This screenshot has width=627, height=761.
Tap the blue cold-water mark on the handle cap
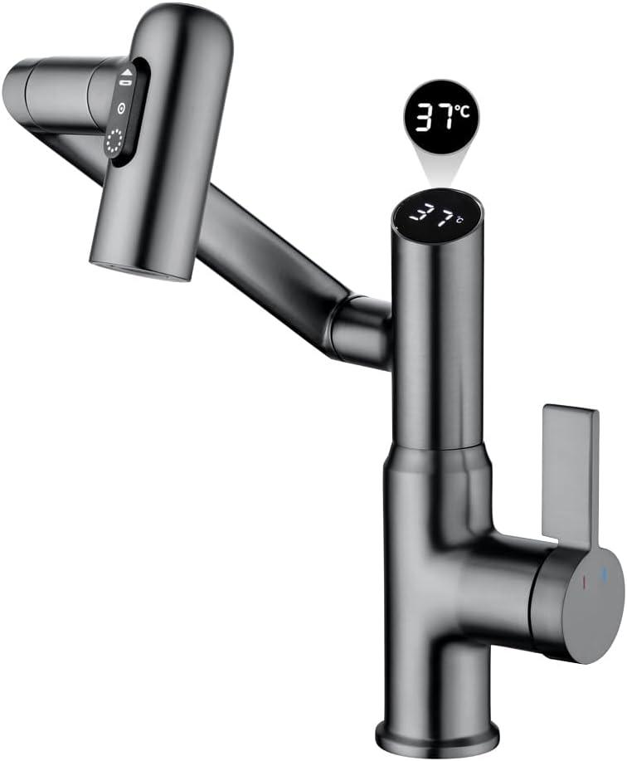(605, 574)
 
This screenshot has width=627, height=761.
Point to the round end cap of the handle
(581, 603)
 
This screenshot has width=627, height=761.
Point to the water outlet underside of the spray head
(141, 271)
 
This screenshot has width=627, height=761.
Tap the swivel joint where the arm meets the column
(359, 329)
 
